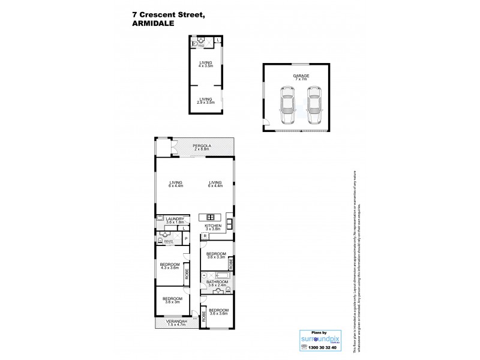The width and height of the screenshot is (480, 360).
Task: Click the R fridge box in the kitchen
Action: [205, 236]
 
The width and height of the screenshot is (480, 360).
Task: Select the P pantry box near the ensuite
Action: [186, 239]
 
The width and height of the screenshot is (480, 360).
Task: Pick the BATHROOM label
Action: [216, 283]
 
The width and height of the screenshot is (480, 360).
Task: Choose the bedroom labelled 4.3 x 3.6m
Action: [170, 266]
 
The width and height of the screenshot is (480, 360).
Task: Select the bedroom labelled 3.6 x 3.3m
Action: [216, 255]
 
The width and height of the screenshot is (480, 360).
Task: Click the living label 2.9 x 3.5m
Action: [206, 101]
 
